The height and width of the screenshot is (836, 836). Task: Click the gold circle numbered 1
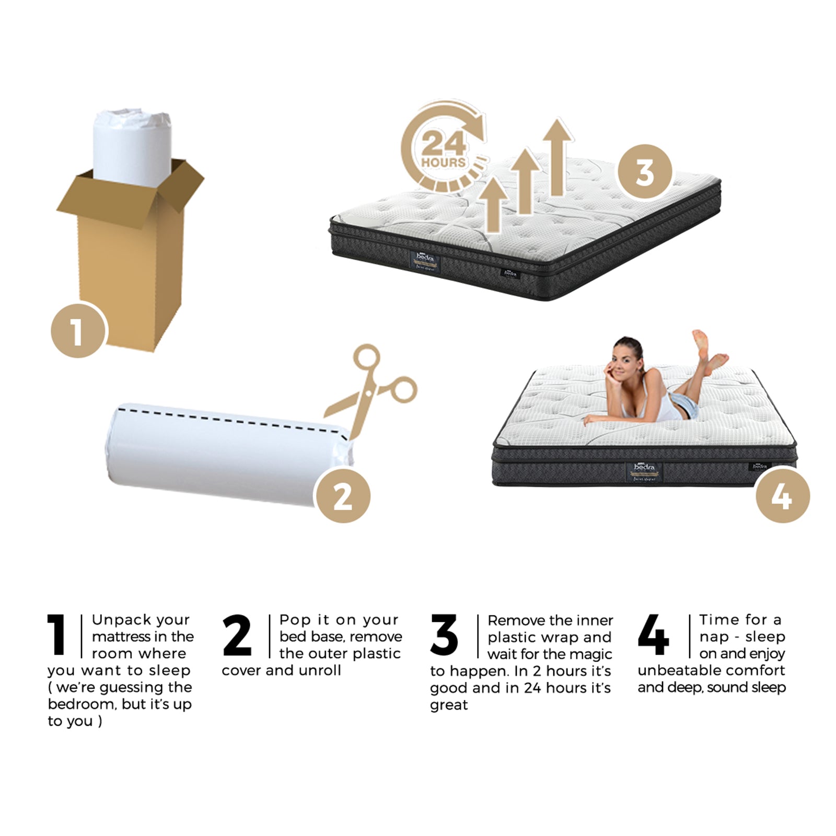click(78, 330)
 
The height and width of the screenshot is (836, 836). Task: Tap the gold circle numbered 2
click(343, 495)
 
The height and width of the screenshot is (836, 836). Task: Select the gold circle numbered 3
click(645, 171)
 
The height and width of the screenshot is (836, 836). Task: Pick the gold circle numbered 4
click(782, 495)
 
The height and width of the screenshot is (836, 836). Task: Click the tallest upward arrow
click(558, 157)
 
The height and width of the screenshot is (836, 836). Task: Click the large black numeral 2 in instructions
click(237, 635)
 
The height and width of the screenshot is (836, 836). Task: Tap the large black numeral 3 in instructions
click(444, 635)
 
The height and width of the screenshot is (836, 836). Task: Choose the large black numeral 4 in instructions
click(653, 635)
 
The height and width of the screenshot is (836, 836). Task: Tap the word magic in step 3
click(591, 654)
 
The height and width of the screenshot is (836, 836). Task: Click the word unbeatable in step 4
click(674, 670)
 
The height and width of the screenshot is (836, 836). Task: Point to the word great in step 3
click(448, 705)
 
